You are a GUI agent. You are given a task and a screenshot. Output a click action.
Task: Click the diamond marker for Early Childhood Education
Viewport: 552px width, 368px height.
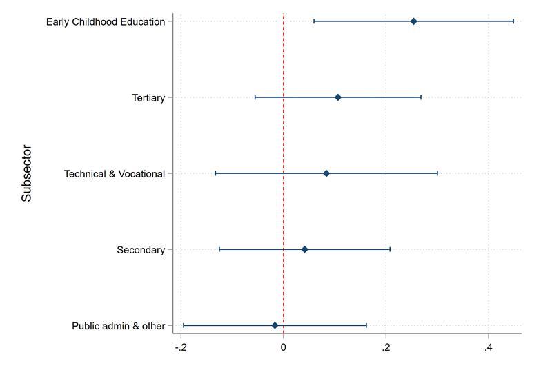pyautogui.click(x=413, y=21)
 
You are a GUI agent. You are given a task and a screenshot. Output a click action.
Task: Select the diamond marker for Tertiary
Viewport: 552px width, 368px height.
pyautogui.click(x=337, y=97)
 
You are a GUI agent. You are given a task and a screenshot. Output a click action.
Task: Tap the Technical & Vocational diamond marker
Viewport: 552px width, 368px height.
pyautogui.click(x=326, y=173)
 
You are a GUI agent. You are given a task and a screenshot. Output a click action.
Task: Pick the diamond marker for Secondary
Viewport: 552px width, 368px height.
pyautogui.click(x=304, y=249)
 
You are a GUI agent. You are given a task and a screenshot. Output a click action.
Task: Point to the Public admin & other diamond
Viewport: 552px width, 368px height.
pyautogui.click(x=275, y=325)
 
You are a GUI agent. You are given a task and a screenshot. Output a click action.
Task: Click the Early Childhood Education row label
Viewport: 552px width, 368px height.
pyautogui.click(x=106, y=22)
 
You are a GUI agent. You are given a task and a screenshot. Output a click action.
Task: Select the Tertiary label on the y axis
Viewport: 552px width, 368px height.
pyautogui.click(x=148, y=98)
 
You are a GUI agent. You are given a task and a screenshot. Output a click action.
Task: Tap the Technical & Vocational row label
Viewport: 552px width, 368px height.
pyautogui.click(x=115, y=174)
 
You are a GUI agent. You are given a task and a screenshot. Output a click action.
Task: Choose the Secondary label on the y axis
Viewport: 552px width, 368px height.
pyautogui.click(x=141, y=250)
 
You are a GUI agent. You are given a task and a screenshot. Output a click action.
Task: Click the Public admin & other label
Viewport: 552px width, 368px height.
pyautogui.click(x=119, y=326)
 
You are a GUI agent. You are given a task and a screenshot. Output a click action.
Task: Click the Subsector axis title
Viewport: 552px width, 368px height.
pyautogui.click(x=27, y=173)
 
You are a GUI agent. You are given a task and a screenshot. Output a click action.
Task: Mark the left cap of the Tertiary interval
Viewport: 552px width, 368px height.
pyautogui.click(x=255, y=97)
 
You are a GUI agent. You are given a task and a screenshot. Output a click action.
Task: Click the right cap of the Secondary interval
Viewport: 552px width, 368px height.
pyautogui.click(x=390, y=249)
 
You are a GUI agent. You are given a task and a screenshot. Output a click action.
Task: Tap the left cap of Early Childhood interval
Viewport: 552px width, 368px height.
pyautogui.click(x=314, y=21)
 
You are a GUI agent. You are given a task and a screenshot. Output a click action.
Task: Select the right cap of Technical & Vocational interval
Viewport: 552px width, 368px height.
pyautogui.click(x=437, y=173)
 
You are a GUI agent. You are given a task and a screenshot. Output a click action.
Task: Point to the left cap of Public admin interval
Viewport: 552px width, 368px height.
pyautogui.click(x=184, y=325)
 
